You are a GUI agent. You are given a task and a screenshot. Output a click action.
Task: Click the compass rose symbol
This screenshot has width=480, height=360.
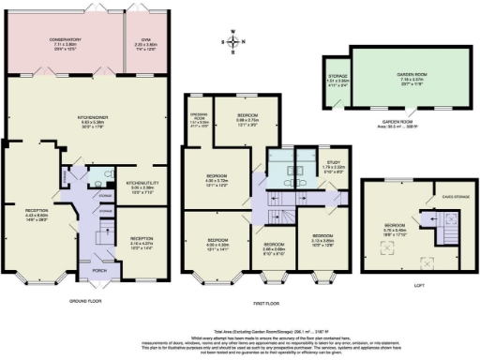(x=233, y=41)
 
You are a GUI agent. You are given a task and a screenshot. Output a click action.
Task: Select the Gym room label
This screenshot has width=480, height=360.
(x=145, y=40)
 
